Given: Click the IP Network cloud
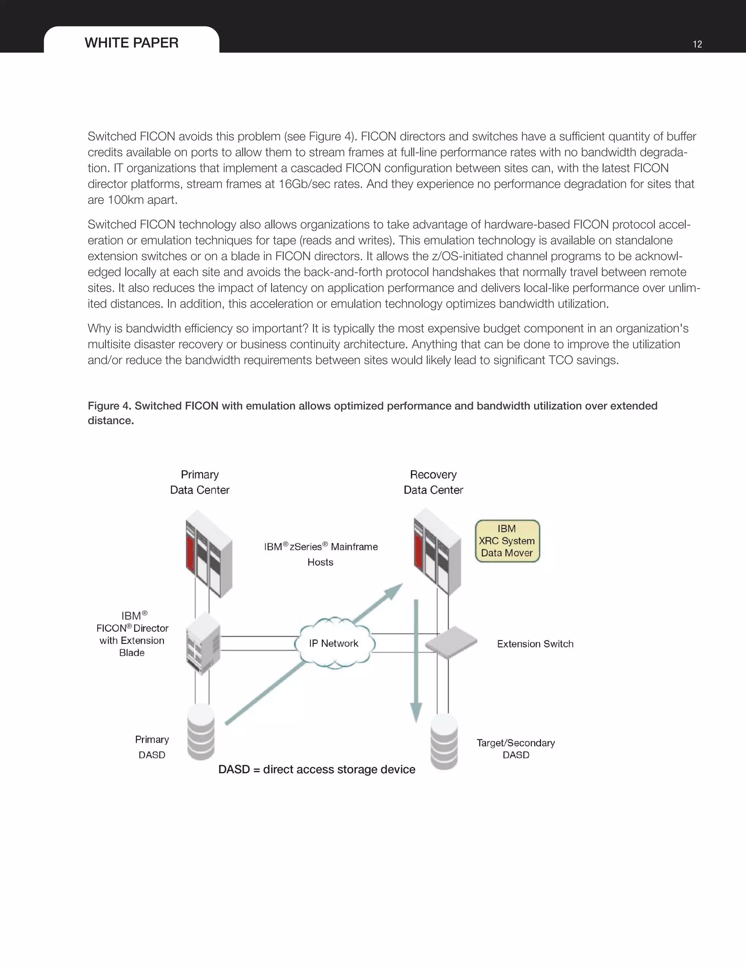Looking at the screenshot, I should (x=334, y=643).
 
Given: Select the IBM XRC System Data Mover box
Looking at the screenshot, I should (x=507, y=541).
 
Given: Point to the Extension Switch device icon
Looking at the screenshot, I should (x=451, y=642).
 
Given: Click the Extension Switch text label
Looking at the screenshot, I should (x=535, y=644).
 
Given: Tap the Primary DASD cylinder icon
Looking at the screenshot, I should (x=201, y=732).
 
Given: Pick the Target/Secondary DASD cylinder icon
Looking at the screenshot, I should (x=444, y=742).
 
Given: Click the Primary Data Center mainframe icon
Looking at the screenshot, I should (x=209, y=553).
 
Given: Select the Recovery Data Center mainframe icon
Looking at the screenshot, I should (x=437, y=551).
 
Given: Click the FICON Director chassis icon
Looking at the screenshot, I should (x=203, y=643).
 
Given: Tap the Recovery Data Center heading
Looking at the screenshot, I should (x=433, y=482).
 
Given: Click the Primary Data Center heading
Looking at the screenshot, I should (x=200, y=482).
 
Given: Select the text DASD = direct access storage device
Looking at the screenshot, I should (x=317, y=769).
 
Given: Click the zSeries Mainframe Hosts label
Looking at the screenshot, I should (x=321, y=554).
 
